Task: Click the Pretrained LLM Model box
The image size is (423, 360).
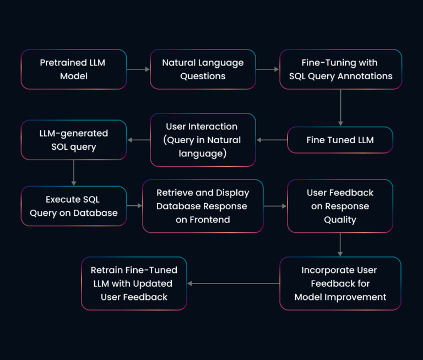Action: (x=73, y=69)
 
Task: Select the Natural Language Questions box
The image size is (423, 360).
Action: (x=203, y=69)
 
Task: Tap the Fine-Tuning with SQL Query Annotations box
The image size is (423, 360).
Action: (x=340, y=69)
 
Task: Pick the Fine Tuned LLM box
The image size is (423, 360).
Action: (x=340, y=140)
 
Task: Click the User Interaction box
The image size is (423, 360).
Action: (x=203, y=140)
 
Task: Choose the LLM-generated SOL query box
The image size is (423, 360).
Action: (x=73, y=140)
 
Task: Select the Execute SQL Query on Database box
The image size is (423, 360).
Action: (x=73, y=206)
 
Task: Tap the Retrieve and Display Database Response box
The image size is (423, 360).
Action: (x=203, y=206)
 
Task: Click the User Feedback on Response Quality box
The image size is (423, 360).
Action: (x=340, y=206)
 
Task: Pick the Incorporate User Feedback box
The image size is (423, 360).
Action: (x=340, y=283)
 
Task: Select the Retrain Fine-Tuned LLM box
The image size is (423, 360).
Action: (x=134, y=283)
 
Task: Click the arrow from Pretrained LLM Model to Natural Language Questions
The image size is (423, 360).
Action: (x=138, y=69)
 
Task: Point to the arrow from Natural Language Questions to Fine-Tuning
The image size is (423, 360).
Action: (x=268, y=69)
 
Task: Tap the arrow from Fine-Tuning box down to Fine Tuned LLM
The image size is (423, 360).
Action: (x=340, y=107)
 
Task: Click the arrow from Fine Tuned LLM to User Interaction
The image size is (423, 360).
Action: (x=272, y=140)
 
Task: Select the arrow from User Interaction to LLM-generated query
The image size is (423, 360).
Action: (x=138, y=140)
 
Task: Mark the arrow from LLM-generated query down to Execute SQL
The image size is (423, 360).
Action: (x=73, y=173)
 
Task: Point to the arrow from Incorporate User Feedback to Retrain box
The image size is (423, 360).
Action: (x=233, y=283)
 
